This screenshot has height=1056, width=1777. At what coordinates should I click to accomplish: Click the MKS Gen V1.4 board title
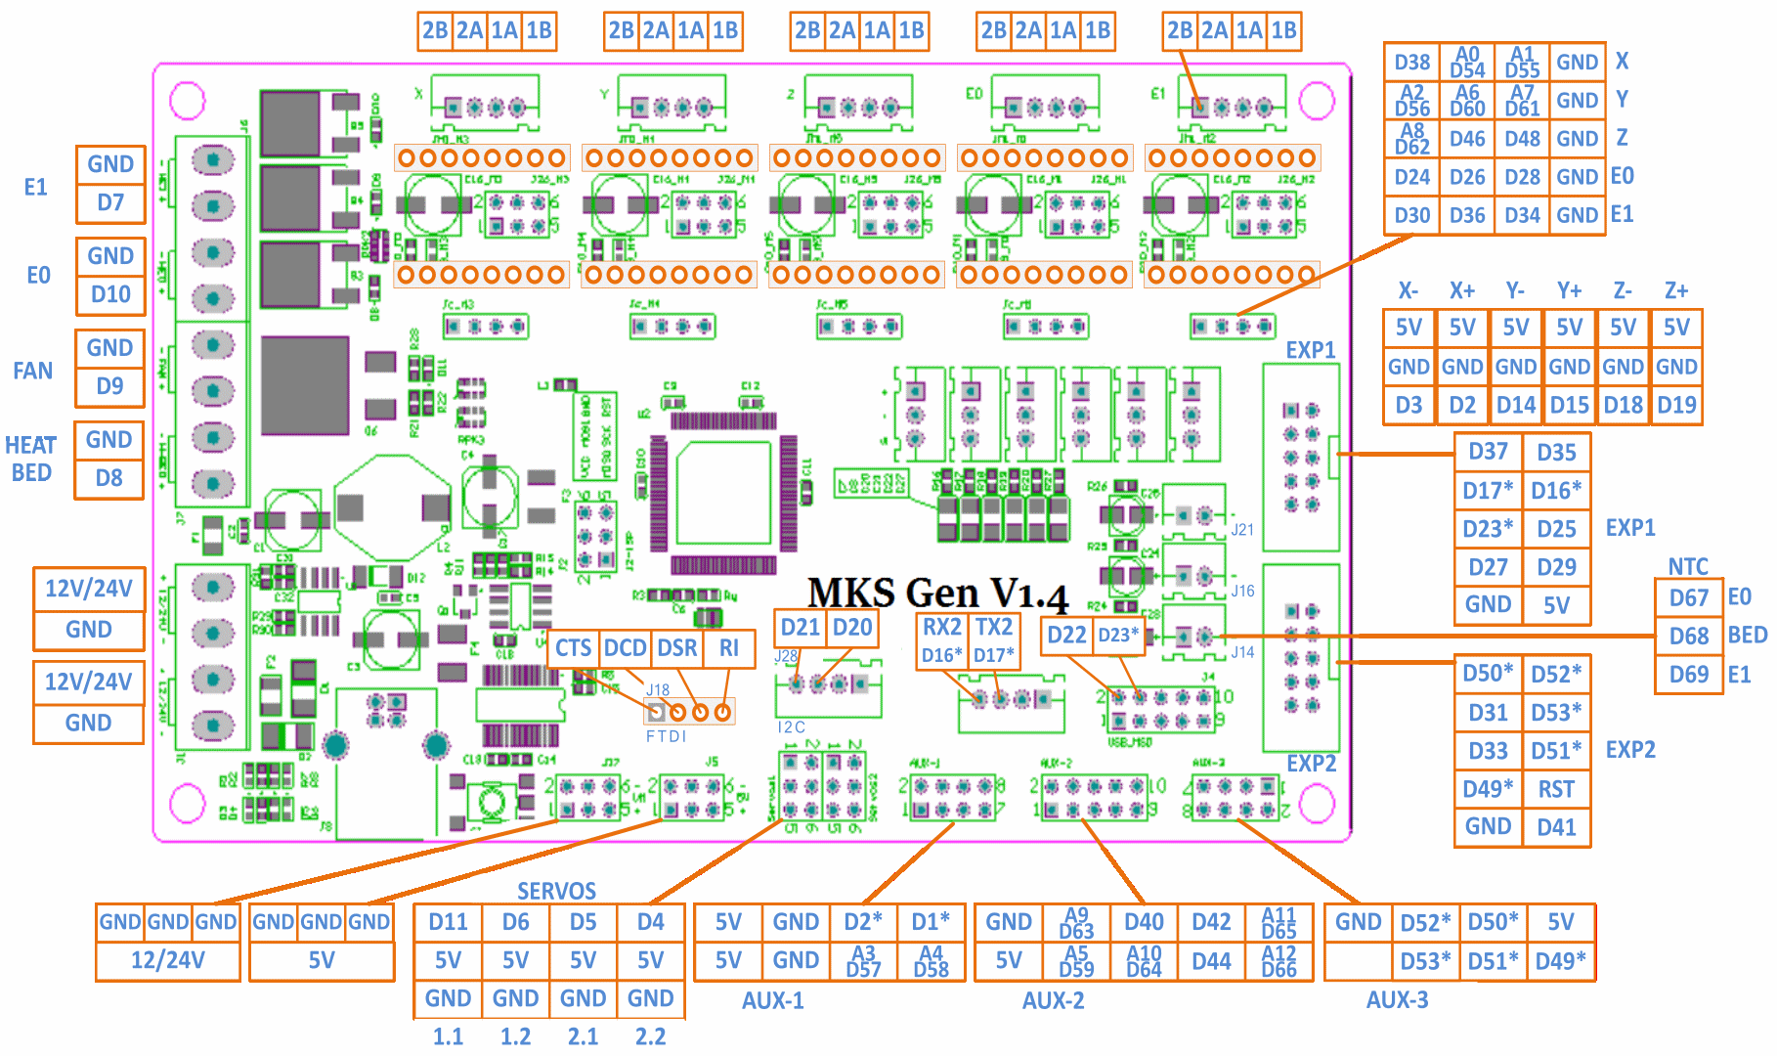pyautogui.click(x=937, y=594)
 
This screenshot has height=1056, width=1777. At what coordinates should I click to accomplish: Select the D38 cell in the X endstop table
pyautogui.click(x=1411, y=63)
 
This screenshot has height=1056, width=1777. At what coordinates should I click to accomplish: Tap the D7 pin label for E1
pyautogui.click(x=110, y=203)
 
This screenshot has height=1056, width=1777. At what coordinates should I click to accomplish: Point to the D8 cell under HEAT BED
pyautogui.click(x=108, y=479)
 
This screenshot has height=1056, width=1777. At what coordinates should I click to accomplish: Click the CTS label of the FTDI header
pyautogui.click(x=573, y=648)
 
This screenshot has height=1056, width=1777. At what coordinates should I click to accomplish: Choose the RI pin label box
pyautogui.click(x=728, y=648)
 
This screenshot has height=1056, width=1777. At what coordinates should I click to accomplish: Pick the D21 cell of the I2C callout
pyautogui.click(x=800, y=628)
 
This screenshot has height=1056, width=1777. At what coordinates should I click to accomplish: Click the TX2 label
pyautogui.click(x=993, y=627)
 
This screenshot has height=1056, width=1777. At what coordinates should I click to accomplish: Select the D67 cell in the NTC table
pyautogui.click(x=1688, y=598)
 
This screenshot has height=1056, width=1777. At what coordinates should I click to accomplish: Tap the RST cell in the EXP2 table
pyautogui.click(x=1556, y=789)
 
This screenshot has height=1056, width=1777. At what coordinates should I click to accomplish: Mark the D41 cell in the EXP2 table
pyautogui.click(x=1556, y=827)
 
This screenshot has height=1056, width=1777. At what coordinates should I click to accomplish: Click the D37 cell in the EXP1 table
pyautogui.click(x=1488, y=452)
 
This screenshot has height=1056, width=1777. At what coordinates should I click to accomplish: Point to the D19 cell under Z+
pyautogui.click(x=1675, y=405)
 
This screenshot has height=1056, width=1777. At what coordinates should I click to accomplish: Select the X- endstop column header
pyautogui.click(x=1408, y=290)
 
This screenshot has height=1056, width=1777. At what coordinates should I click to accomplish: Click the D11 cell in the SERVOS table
pyautogui.click(x=448, y=922)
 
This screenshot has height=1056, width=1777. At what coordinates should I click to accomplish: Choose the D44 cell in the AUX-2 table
pyautogui.click(x=1211, y=961)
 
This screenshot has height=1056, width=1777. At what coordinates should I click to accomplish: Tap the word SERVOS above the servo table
pyautogui.click(x=556, y=891)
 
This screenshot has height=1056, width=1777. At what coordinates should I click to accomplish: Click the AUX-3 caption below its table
pyautogui.click(x=1397, y=999)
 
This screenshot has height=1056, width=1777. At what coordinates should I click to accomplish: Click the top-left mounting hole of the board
pyautogui.click(x=188, y=101)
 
